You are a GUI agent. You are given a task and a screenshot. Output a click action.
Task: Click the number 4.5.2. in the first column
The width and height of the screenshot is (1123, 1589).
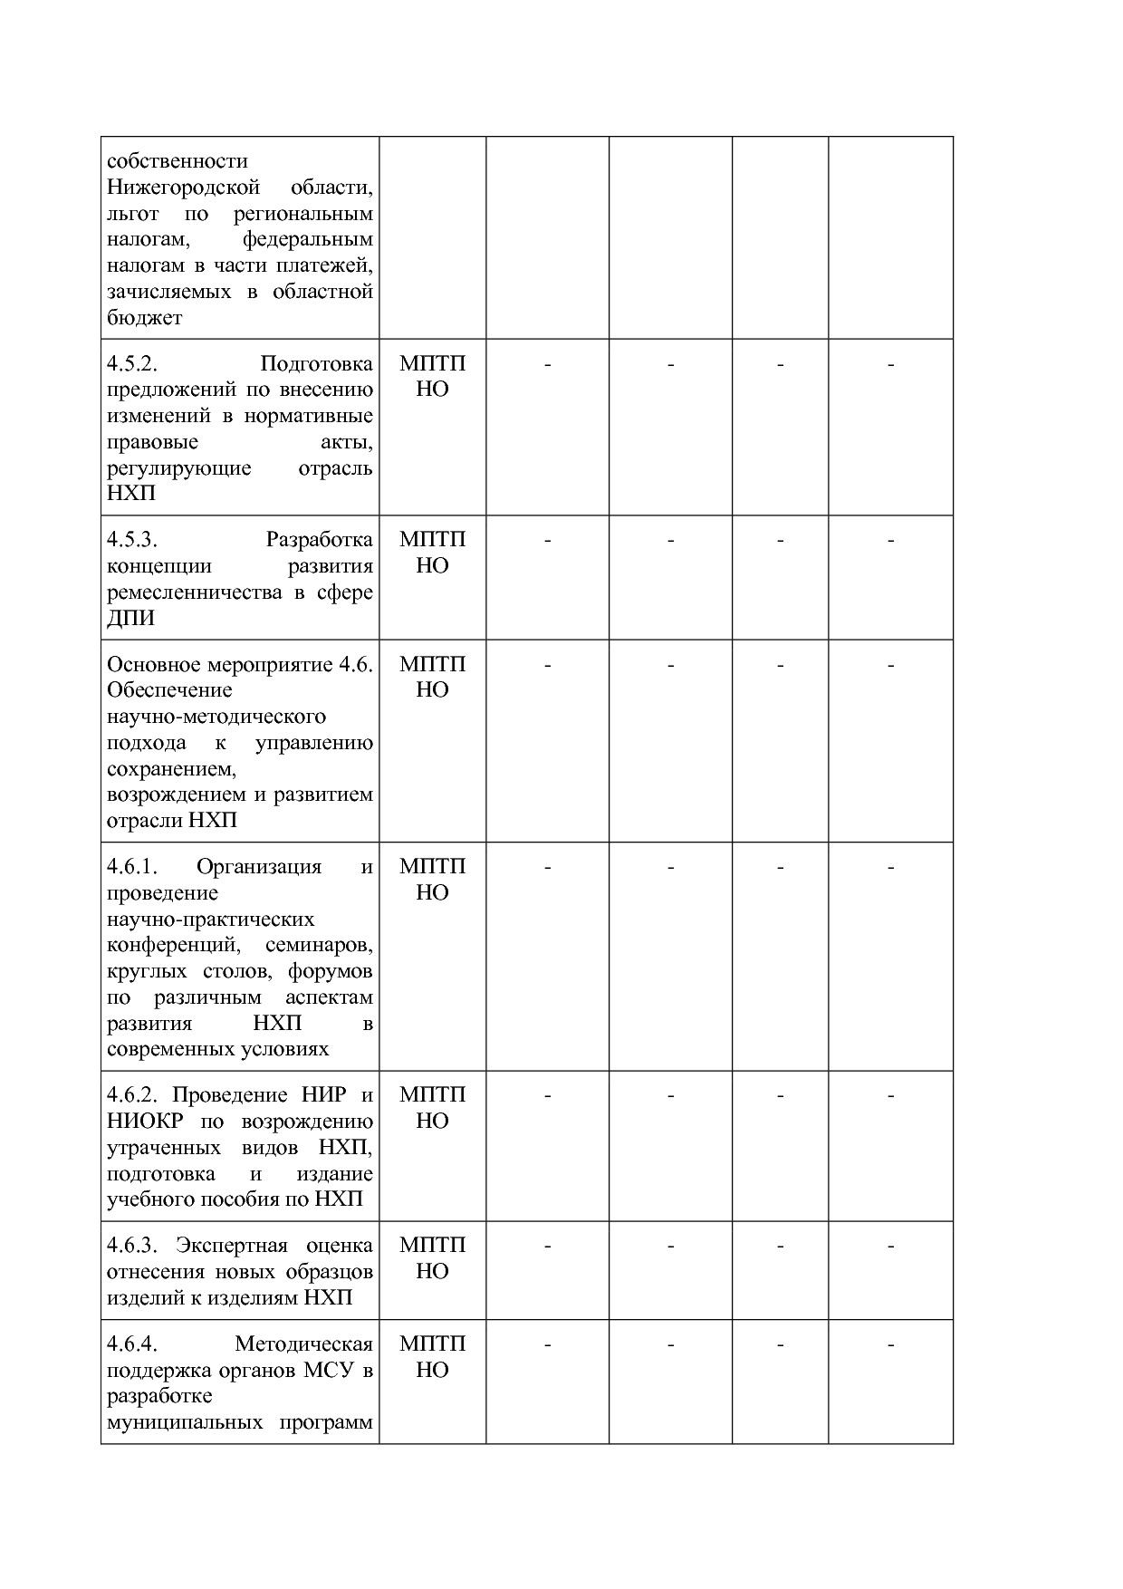pyautogui.click(x=132, y=364)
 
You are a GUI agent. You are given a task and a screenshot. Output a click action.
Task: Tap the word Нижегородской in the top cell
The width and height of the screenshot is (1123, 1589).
pyautogui.click(x=184, y=188)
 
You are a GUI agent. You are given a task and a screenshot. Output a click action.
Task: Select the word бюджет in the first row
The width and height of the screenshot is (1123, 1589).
pyautogui.click(x=145, y=318)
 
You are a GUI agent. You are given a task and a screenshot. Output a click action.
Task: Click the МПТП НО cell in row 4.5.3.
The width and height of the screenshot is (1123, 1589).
pyautogui.click(x=432, y=553)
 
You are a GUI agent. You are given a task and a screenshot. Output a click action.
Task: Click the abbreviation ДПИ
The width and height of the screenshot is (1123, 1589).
pyautogui.click(x=130, y=619)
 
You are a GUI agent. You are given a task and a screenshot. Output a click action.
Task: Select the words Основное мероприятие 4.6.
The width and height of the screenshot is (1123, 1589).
pyautogui.click(x=239, y=664)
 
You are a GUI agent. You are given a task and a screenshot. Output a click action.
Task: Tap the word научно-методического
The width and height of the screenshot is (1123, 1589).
pyautogui.click(x=216, y=717)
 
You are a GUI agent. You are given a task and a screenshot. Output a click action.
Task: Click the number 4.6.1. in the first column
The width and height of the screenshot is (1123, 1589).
pyautogui.click(x=132, y=867)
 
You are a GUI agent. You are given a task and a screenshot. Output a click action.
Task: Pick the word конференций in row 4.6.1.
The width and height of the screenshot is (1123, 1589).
pyautogui.click(x=173, y=946)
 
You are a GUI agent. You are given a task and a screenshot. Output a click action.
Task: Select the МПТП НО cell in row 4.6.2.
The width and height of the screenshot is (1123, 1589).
pyautogui.click(x=432, y=1108)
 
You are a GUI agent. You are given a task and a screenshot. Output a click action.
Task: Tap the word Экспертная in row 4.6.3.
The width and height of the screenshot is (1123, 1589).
pyautogui.click(x=231, y=1245)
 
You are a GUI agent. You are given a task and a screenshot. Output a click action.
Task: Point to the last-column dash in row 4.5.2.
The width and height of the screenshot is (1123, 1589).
pyautogui.click(x=890, y=365)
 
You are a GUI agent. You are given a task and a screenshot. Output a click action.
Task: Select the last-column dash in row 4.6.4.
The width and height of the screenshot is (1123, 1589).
pyautogui.click(x=890, y=1345)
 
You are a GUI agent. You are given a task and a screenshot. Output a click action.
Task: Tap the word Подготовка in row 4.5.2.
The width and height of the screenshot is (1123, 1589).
pyautogui.click(x=316, y=364)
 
